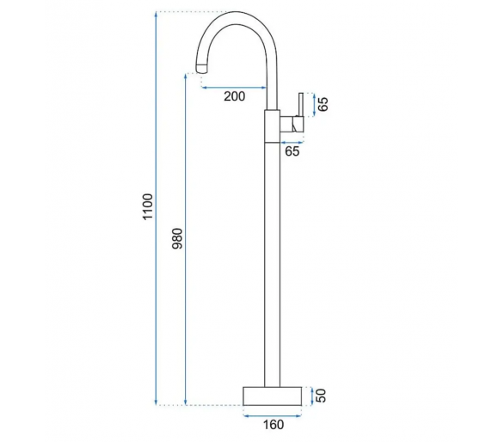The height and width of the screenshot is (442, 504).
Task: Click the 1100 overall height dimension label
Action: tap(148, 206)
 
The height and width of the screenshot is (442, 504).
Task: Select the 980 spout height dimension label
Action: tap(177, 238)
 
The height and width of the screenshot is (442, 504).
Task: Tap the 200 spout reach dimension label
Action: tap(234, 96)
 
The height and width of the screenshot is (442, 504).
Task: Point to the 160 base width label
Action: tap(274, 425)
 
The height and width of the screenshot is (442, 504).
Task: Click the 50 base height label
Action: tap(321, 396)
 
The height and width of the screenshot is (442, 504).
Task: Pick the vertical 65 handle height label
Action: tap(323, 104)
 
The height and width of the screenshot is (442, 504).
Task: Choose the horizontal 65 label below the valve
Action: tap(292, 151)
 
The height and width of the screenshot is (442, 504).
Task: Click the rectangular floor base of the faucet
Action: tap(273, 396)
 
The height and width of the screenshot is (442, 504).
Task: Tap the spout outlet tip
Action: tap(201, 69)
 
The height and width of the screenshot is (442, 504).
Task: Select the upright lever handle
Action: tap(301, 105)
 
